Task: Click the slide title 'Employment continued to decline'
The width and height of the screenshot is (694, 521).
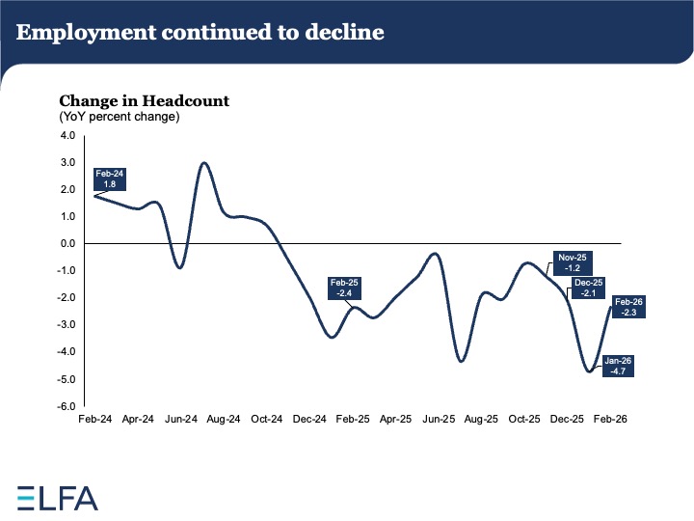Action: point(200,33)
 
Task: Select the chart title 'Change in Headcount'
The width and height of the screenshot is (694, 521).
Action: point(144,100)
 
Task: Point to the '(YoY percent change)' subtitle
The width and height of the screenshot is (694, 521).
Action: point(120,117)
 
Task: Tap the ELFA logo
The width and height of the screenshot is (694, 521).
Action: point(58,498)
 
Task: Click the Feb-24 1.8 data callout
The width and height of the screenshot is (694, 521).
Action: point(109,179)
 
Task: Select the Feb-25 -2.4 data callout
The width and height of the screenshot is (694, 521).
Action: point(344,288)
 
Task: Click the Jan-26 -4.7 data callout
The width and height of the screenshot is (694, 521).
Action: point(617,366)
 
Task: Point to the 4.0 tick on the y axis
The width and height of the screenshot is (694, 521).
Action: point(67,136)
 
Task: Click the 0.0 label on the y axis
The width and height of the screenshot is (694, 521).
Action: point(67,244)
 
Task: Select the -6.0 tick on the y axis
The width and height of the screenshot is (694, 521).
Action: point(65,407)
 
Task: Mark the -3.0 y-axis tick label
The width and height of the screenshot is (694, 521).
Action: point(65,326)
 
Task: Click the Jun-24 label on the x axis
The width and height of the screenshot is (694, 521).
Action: point(181,421)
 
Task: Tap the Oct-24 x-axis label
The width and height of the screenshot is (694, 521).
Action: point(267,421)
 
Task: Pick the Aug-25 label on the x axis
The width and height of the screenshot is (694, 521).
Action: point(481,421)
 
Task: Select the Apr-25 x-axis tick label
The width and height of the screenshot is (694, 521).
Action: point(395,421)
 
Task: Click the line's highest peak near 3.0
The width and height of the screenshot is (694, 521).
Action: point(204,163)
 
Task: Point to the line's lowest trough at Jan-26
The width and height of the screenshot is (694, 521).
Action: point(588,371)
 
